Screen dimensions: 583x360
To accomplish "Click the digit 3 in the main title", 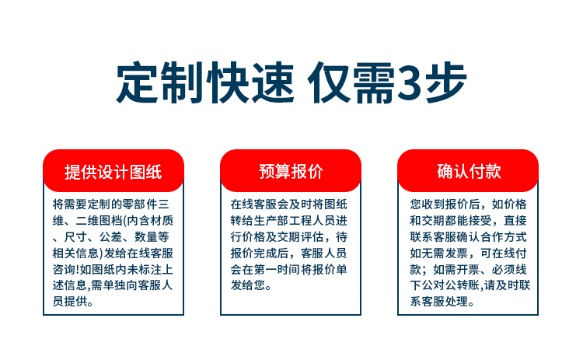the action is [409, 82].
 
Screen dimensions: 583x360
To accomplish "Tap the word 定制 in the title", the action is [160, 82].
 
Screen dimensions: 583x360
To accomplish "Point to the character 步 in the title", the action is [445, 82].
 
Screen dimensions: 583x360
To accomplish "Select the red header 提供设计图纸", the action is [113, 171].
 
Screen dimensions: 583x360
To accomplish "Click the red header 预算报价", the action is [291, 171].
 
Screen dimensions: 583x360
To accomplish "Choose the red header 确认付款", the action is [468, 171].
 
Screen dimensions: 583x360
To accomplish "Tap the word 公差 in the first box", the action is [110, 237].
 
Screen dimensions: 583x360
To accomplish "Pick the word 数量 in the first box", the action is [145, 237].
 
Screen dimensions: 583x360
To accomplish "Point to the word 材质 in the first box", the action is [162, 221].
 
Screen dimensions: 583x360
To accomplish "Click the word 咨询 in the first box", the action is [65, 269].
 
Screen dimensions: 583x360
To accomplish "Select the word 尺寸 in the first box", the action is [76, 237].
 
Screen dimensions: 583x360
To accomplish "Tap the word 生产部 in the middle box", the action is [271, 221].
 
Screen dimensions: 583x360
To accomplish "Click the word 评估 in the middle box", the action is [312, 237].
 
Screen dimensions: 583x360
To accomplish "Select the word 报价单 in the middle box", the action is [330, 269].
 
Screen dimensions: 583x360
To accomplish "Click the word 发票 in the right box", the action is [456, 253].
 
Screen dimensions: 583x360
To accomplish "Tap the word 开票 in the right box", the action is [469, 269].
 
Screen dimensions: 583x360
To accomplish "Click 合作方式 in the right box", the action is [504, 237].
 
